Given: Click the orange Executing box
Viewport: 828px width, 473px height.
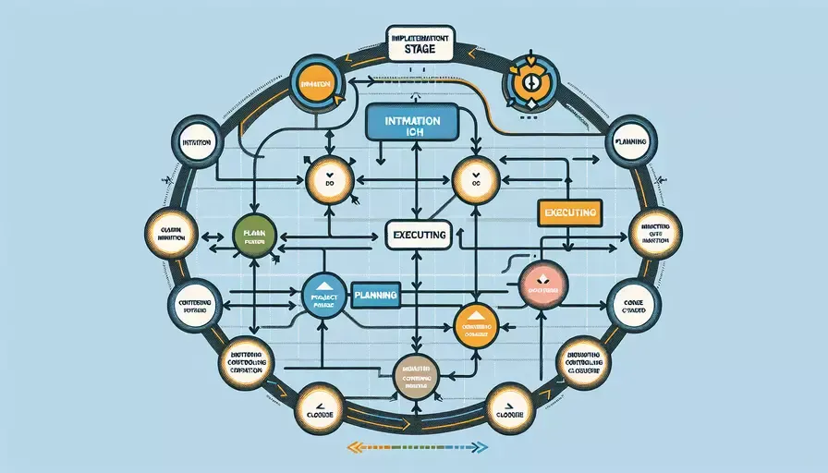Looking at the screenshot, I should [x=570, y=212].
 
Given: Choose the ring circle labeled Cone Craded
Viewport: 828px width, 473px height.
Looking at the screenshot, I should [x=634, y=305].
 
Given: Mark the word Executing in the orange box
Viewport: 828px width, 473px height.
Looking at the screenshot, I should [x=570, y=212].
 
